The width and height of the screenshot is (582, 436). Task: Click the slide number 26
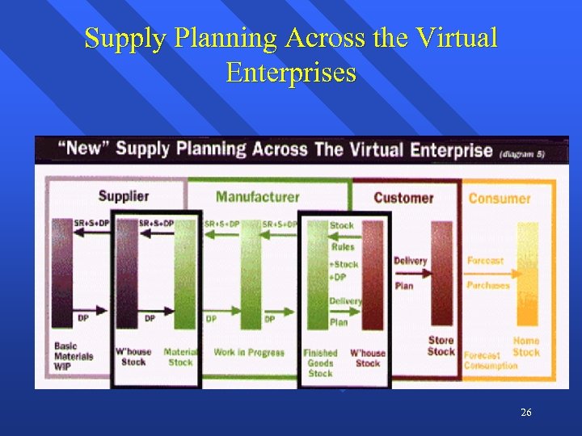(x=526, y=413)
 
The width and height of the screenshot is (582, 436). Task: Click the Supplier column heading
(x=124, y=196)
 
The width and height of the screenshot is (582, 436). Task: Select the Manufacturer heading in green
(x=257, y=197)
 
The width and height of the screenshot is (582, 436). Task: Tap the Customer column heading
(x=403, y=198)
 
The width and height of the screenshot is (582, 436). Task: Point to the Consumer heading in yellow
(x=499, y=198)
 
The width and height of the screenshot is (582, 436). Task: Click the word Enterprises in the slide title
(x=291, y=73)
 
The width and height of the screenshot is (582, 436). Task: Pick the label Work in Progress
(x=249, y=352)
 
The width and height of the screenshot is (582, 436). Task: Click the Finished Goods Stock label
(x=320, y=363)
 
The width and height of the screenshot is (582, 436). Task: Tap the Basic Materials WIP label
(x=74, y=356)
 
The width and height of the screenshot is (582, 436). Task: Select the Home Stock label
(x=526, y=346)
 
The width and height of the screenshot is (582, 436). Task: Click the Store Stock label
(x=441, y=346)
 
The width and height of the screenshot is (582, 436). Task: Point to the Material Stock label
(x=179, y=357)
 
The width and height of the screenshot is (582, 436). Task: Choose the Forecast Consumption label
(x=490, y=360)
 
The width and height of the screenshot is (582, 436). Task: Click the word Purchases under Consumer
(x=488, y=285)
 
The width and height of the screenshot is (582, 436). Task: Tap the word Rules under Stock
(x=343, y=247)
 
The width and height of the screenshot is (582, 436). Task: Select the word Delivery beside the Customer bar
(x=410, y=260)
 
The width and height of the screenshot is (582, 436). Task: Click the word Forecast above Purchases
(x=485, y=260)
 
